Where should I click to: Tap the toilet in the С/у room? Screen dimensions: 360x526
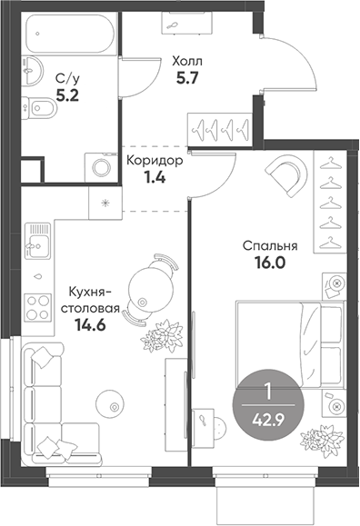[39, 108]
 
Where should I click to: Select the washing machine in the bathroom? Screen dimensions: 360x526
[101, 168]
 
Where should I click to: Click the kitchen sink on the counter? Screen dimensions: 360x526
[38, 240]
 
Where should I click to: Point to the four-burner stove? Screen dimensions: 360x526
[38, 308]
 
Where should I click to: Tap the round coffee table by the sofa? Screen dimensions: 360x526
[110, 404]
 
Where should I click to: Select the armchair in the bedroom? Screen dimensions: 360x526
[288, 174]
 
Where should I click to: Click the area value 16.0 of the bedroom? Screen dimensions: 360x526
[270, 263]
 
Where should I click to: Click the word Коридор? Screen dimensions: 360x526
[155, 161]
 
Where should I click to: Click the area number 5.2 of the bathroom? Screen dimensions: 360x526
[67, 96]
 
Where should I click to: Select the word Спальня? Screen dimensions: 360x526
[270, 246]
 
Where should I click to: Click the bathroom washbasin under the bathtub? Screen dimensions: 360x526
[33, 70]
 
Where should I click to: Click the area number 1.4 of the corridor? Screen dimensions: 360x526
[155, 178]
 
